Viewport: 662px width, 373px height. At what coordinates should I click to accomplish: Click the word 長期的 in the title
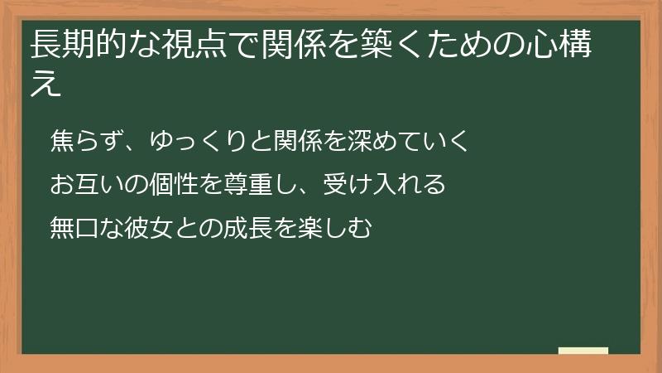77,46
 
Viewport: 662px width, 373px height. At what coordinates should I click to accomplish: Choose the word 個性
174,183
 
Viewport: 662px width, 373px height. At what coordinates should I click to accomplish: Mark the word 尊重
243,183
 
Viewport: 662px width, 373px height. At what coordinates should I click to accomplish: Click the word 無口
73,226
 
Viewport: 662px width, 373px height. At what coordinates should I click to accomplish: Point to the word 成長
266,226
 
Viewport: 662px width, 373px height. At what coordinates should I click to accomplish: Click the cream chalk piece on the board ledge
583,351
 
